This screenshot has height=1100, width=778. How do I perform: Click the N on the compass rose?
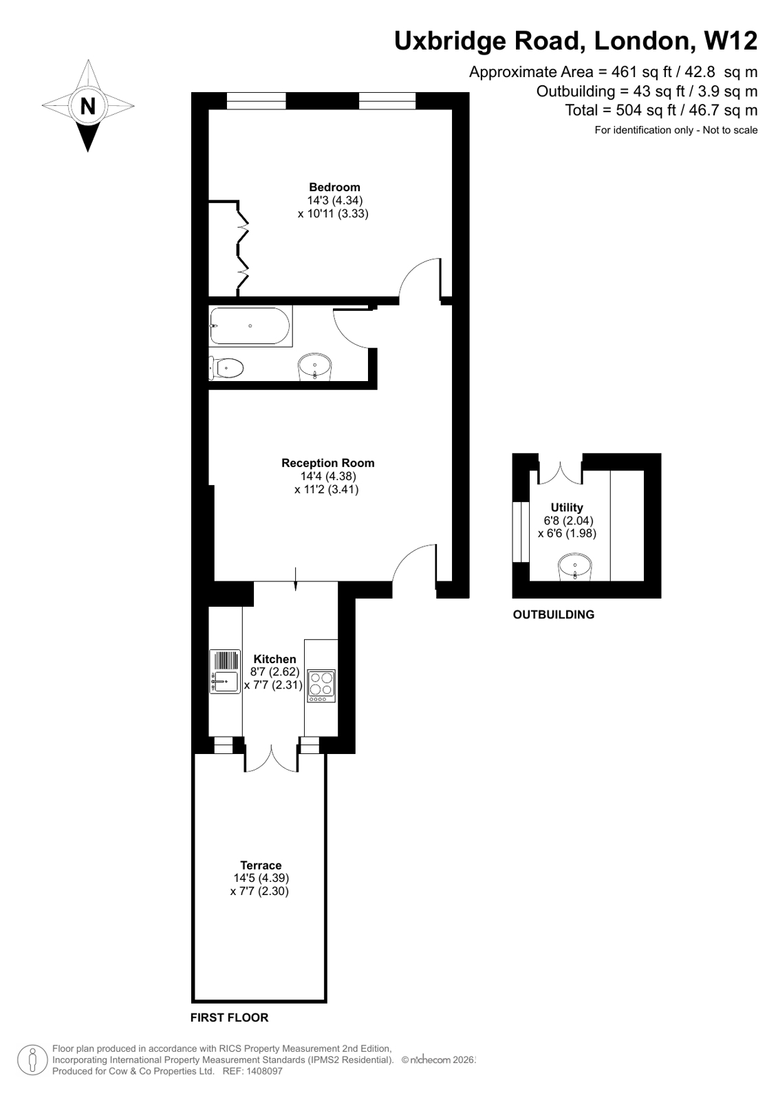(88, 107)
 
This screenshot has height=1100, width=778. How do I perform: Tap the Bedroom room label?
(334, 187)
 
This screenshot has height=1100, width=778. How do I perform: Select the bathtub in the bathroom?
(250, 326)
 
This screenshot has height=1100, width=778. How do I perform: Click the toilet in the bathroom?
(227, 368)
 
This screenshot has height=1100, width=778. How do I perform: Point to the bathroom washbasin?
(314, 366)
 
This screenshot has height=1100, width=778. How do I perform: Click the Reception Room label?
(327, 463)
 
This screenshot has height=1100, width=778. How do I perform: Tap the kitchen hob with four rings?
(321, 685)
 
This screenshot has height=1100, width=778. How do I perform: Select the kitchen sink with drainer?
(225, 671)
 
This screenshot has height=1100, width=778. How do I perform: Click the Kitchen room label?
(274, 659)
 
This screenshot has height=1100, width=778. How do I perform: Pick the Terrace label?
(261, 865)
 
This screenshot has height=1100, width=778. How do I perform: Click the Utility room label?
(567, 508)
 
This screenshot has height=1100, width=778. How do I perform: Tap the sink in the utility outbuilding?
(573, 568)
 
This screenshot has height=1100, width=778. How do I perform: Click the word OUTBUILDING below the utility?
(553, 615)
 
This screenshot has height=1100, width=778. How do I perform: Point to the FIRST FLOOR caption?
(229, 1017)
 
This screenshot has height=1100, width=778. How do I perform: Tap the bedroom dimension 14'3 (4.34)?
(334, 200)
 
